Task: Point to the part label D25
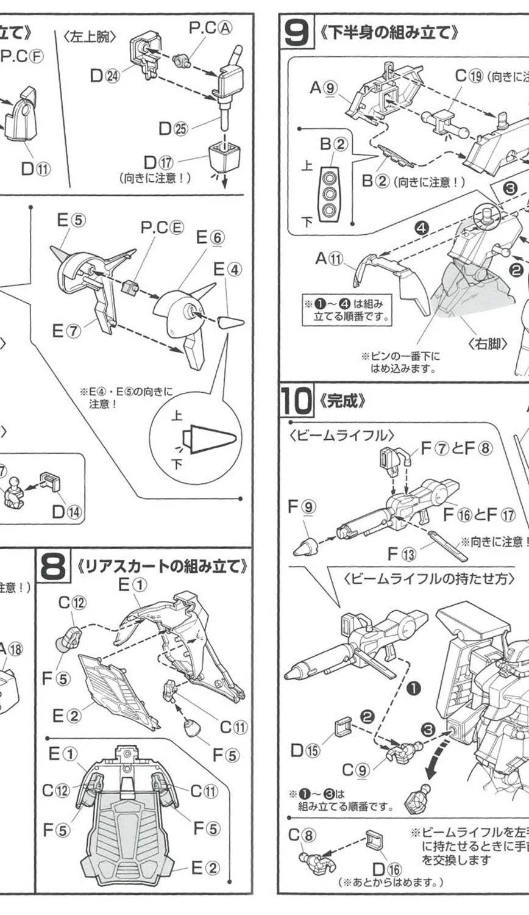click(x=172, y=128)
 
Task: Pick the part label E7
click(x=66, y=331)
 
